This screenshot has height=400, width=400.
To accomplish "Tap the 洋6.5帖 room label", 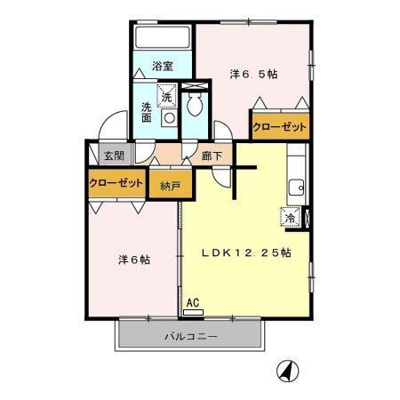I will coord(252,74).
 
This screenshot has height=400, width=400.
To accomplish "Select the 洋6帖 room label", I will coord(134,260).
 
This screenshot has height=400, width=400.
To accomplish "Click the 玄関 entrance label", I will coord(114,156).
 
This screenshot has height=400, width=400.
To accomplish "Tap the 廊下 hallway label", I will coord(212,156).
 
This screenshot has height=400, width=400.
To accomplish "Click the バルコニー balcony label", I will coord(191,338).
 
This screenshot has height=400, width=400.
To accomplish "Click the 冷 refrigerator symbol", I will coord(291,215).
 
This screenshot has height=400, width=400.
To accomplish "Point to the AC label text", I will coord(192,303).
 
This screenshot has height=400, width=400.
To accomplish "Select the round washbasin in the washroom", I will coord(166,116).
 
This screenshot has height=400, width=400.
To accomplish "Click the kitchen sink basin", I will coord(298,188).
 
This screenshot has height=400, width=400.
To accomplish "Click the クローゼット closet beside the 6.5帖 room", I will coord(279,128).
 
